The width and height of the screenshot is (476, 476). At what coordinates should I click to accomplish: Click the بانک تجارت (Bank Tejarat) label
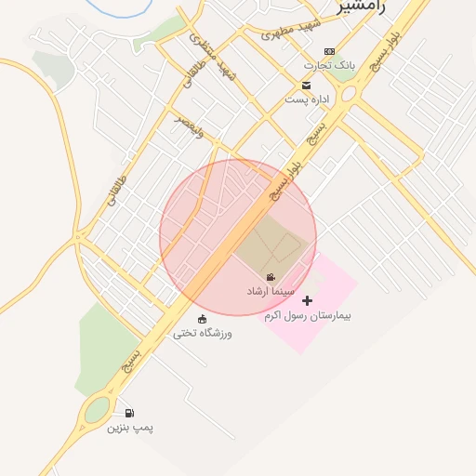pos(330,66)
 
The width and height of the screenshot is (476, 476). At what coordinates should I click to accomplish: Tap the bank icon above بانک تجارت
pos(329,52)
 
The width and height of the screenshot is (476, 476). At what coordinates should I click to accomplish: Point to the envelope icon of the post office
pos(306,86)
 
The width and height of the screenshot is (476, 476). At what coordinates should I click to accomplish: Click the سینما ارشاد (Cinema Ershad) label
pos(270,291)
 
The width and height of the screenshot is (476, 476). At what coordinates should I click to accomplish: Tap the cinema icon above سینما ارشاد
pos(270,278)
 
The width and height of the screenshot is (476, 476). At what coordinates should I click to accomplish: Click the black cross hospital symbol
pos(308,300)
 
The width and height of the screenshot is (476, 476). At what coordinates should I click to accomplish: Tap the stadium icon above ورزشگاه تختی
pos(203,319)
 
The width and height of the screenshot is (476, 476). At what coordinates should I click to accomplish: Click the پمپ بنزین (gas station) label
pos(129,428)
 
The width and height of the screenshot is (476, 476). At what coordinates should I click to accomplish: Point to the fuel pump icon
pos(129,413)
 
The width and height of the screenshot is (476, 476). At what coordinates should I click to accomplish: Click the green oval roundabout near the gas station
pos(96,411)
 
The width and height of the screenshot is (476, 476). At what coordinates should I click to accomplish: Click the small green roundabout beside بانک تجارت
pos(349,94)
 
